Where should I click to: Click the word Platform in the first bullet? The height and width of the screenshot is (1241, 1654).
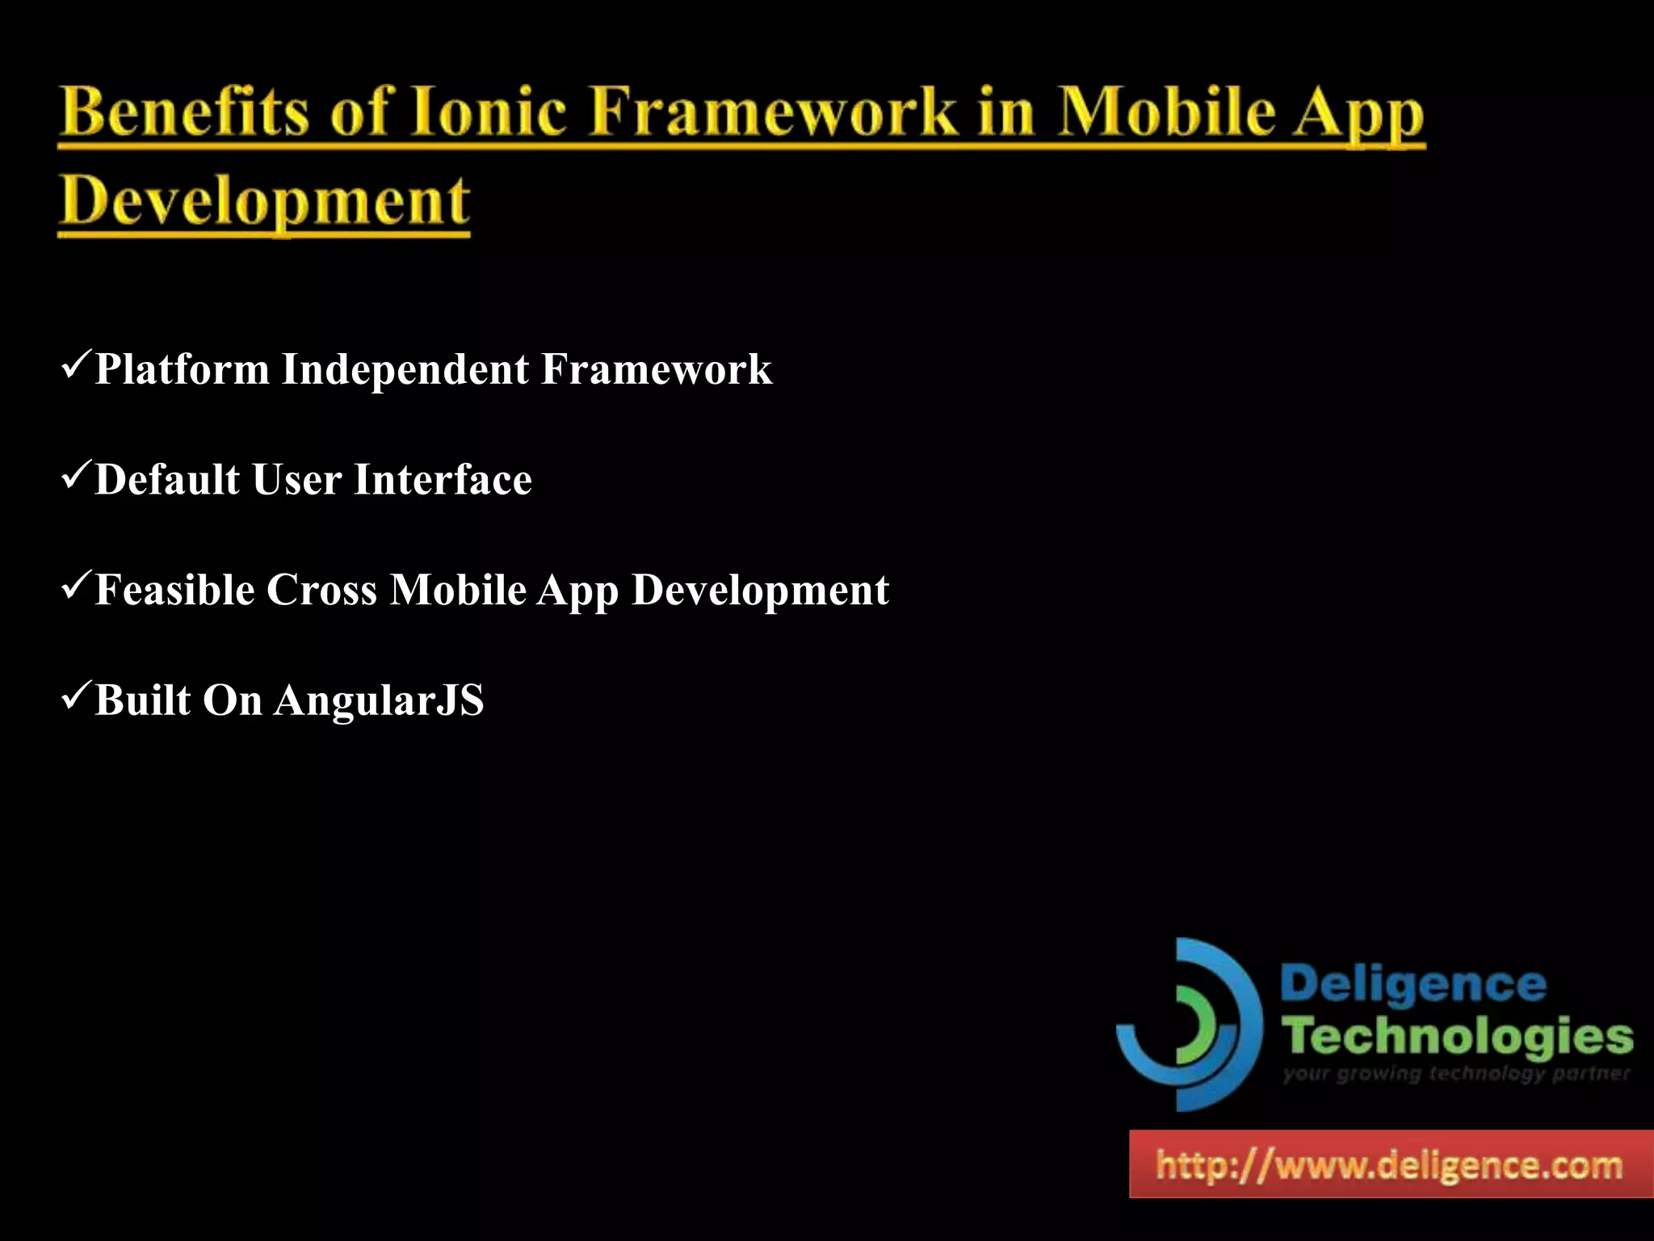tap(182, 370)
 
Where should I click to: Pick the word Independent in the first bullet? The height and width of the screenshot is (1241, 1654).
tap(405, 370)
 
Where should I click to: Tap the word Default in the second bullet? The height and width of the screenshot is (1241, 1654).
tap(167, 480)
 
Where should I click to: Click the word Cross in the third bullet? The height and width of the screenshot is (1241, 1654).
tap(321, 590)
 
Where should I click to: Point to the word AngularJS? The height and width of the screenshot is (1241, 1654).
tap(379, 700)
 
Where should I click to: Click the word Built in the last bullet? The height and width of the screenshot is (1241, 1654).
tap(142, 700)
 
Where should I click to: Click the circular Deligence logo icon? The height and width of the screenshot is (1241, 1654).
tap(1189, 1024)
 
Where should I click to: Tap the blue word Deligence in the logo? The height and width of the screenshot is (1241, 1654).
tap(1413, 985)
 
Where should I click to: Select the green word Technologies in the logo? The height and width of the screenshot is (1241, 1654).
tap(1457, 1037)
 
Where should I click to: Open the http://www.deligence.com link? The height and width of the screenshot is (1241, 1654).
tap(1389, 1166)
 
